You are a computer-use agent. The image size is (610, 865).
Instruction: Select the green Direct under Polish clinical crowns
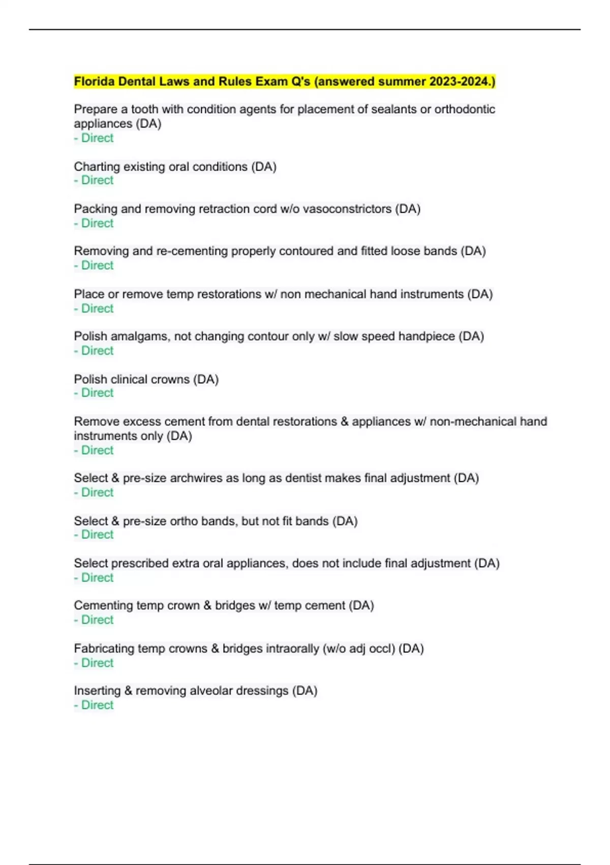[x=97, y=393]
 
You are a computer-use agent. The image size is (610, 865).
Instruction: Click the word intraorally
[x=270, y=649]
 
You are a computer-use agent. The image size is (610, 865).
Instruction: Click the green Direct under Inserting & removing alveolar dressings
[x=97, y=705]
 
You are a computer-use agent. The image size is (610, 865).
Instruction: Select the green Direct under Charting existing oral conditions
[x=97, y=180]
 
